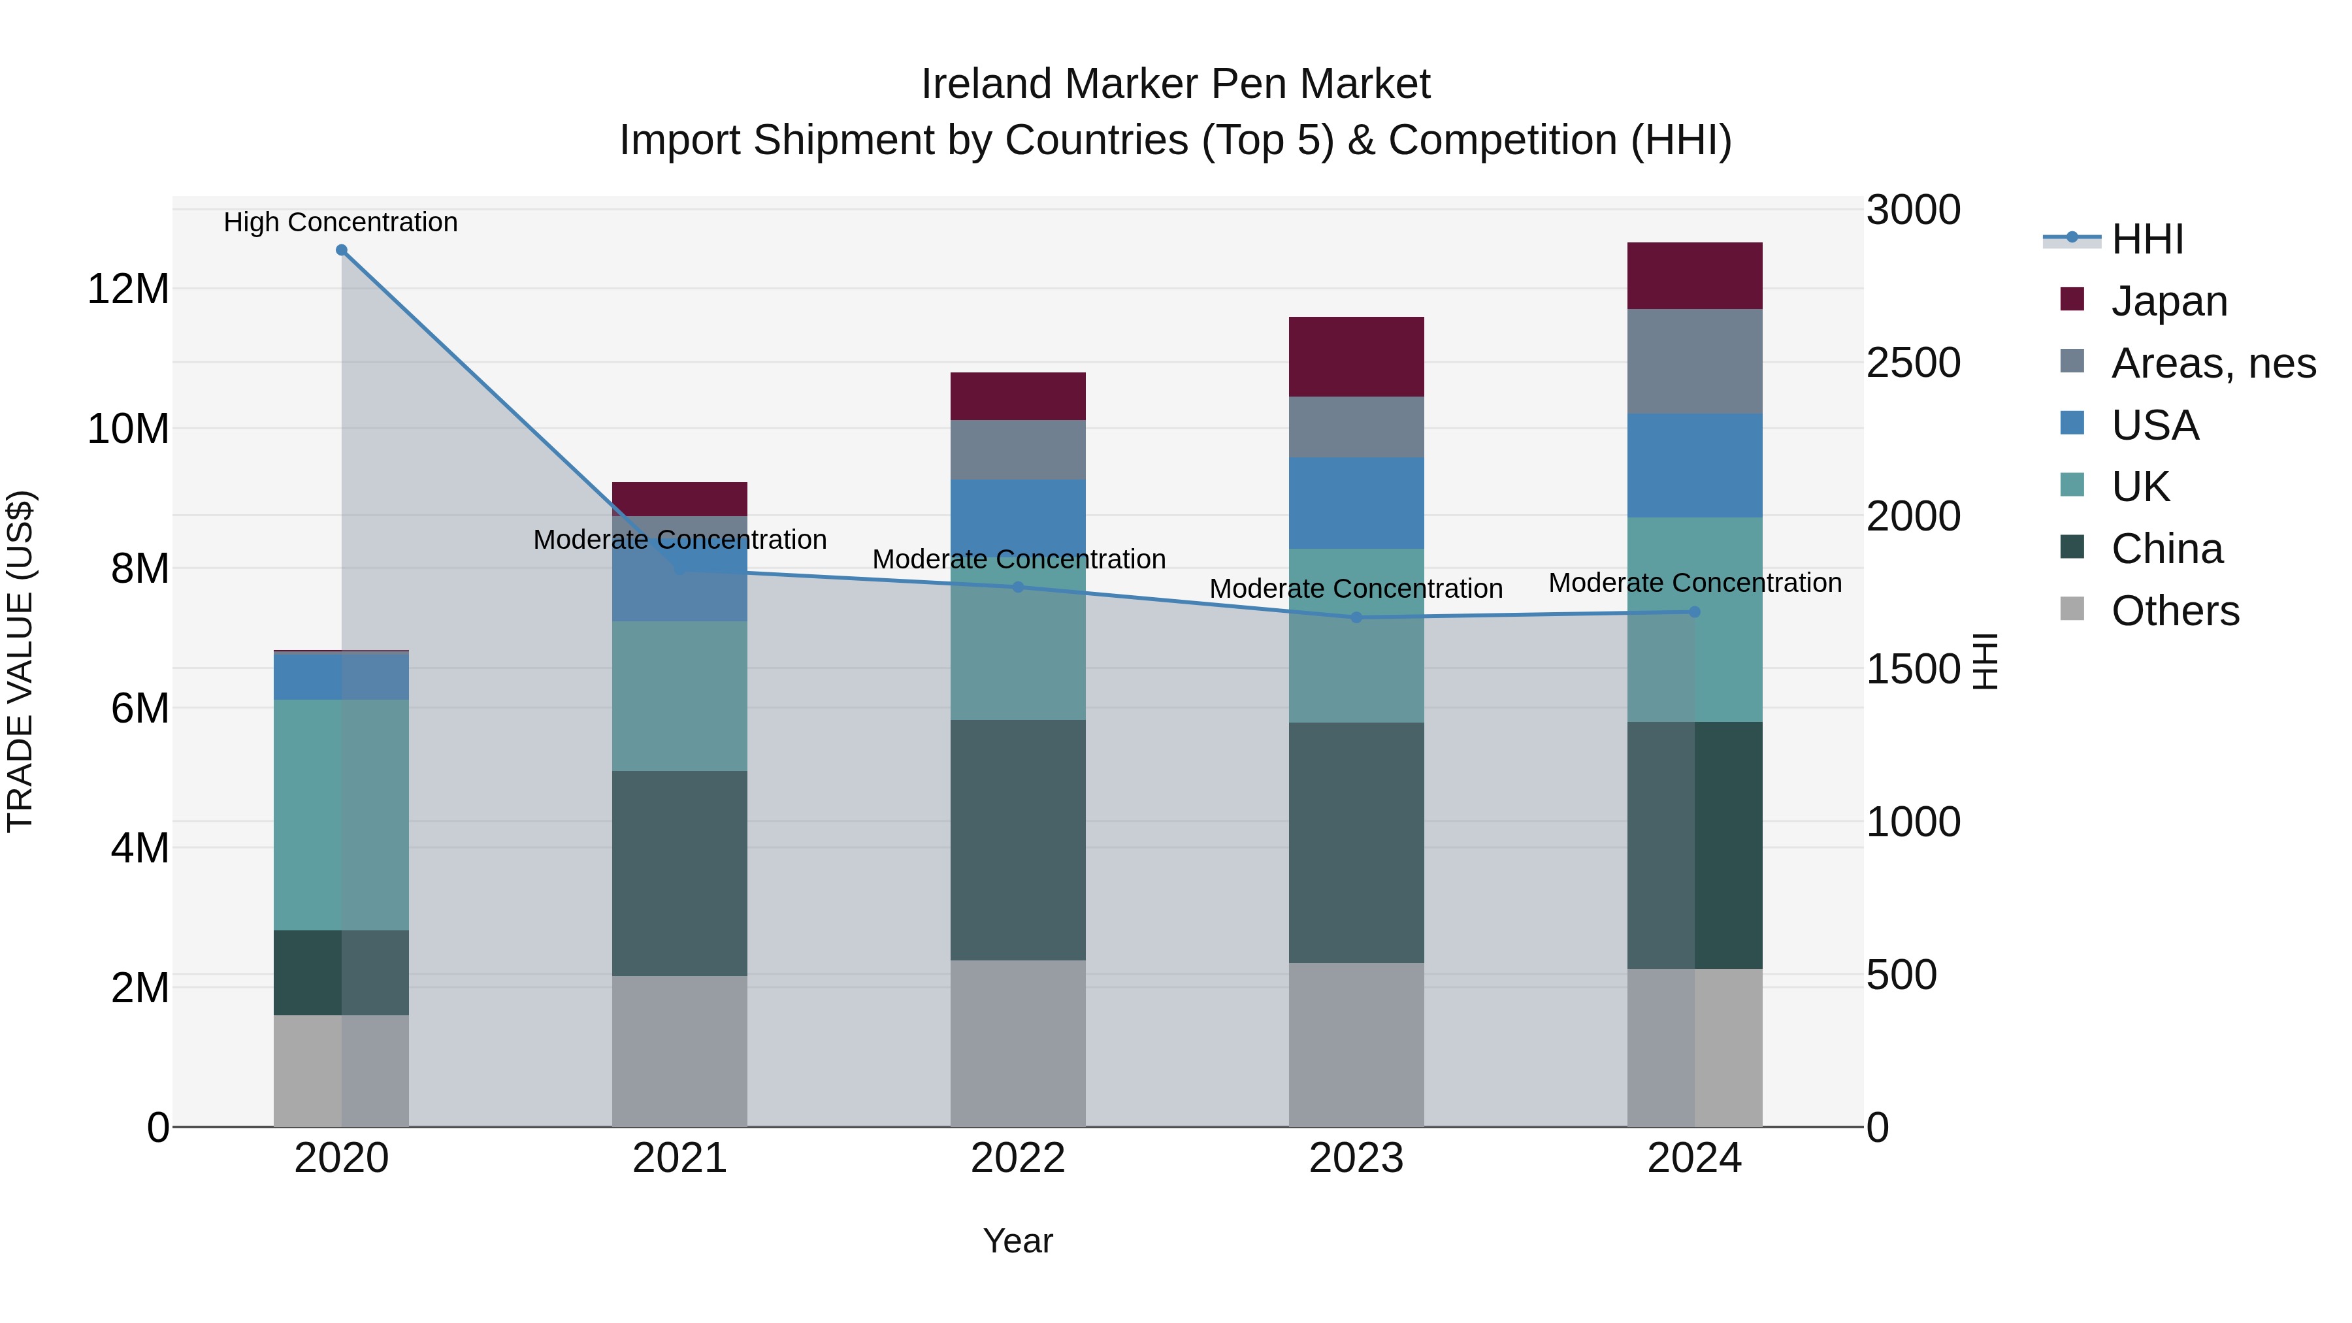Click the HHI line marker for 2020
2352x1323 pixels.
click(342, 250)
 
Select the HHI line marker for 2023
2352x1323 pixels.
click(1356, 617)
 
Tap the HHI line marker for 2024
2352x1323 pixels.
click(1695, 612)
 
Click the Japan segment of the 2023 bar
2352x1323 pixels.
click(1356, 357)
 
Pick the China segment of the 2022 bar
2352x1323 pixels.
click(1018, 840)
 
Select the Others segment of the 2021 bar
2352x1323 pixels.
click(679, 1051)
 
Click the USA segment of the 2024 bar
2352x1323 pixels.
click(1695, 466)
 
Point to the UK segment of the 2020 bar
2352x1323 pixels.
click(308, 815)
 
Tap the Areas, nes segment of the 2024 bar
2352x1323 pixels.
click(1695, 361)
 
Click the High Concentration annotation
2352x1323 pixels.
click(340, 223)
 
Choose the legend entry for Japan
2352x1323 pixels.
click(2168, 301)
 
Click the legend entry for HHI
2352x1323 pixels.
click(2147, 239)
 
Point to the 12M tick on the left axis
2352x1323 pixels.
click(128, 289)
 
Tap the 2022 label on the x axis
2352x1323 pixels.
click(1018, 1158)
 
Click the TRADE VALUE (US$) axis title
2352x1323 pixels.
click(21, 661)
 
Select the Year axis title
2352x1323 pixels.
click(1018, 1241)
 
